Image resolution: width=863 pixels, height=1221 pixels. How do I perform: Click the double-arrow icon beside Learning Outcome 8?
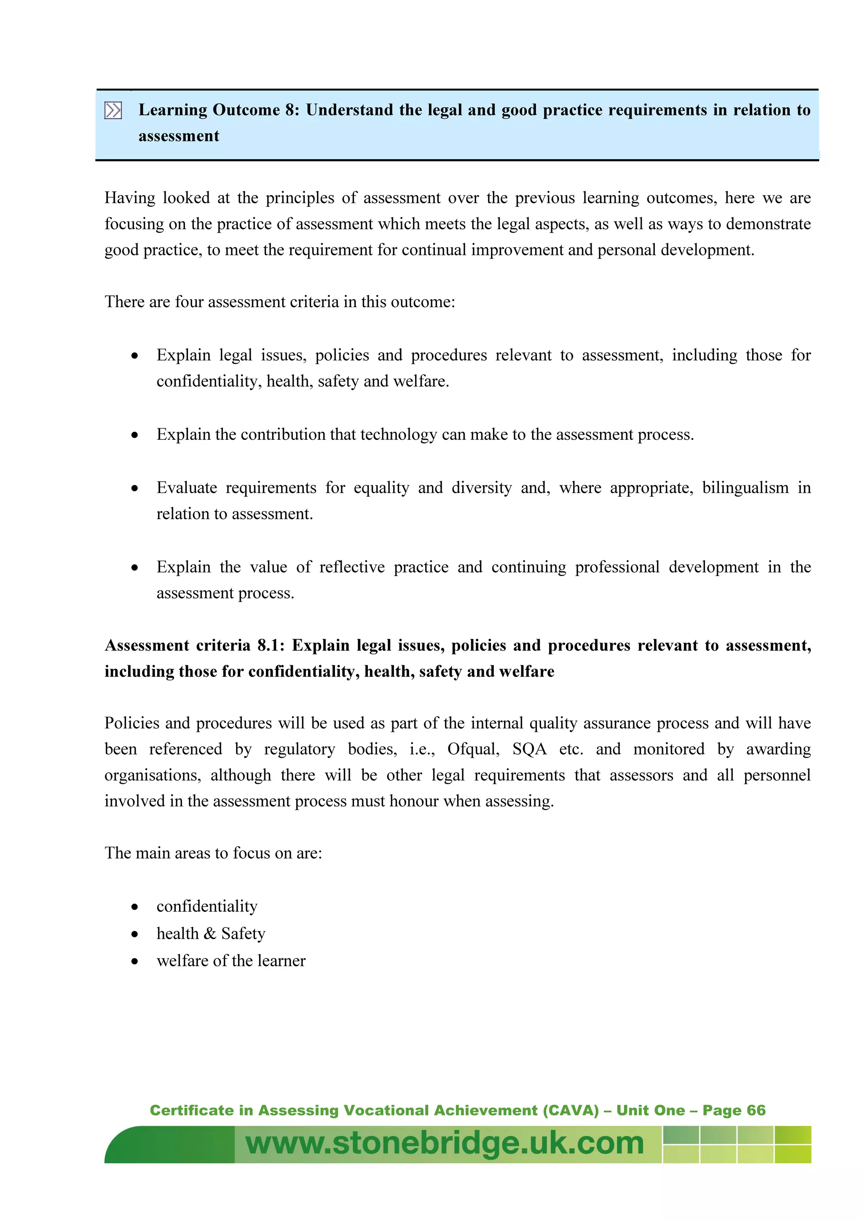[113, 111]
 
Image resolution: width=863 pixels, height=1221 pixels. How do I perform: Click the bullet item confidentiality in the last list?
[207, 906]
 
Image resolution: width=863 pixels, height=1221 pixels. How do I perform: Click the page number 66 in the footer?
[756, 1110]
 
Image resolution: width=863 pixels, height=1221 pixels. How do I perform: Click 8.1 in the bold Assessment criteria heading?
[270, 645]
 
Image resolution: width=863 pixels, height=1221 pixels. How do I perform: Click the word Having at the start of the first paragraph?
[130, 198]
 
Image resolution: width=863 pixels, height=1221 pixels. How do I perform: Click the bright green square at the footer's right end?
[792, 1144]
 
